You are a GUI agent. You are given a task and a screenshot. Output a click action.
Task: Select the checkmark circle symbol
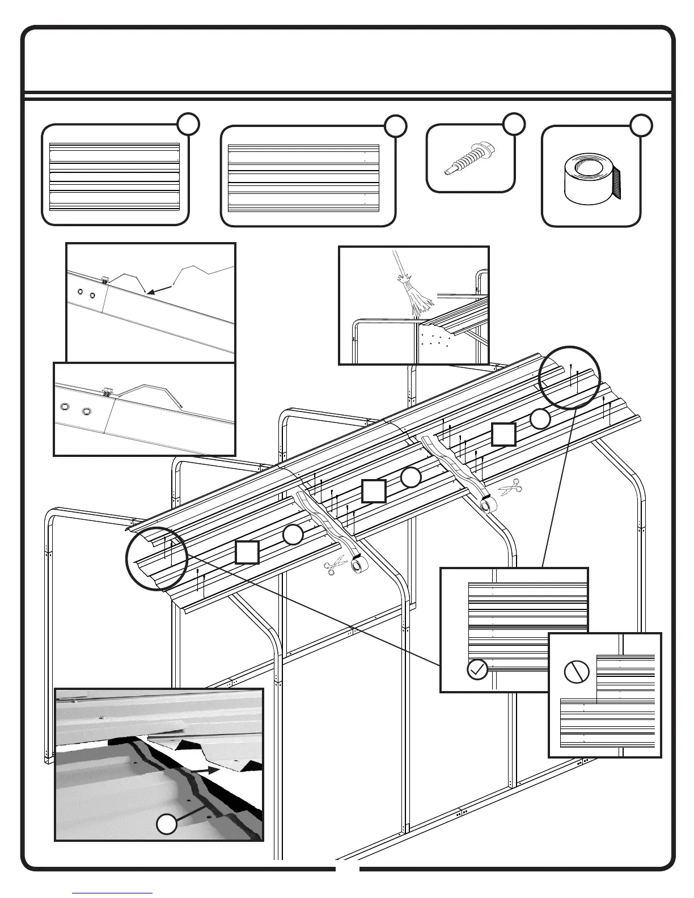pyautogui.click(x=477, y=670)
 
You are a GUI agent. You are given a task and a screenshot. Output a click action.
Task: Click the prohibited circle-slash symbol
pyautogui.click(x=577, y=672)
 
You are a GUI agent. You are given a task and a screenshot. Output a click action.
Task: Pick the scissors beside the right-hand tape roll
pyautogui.click(x=510, y=488)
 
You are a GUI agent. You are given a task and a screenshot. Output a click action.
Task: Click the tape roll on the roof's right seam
pyautogui.click(x=488, y=503)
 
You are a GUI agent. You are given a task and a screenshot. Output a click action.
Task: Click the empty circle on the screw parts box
pyautogui.click(x=514, y=124)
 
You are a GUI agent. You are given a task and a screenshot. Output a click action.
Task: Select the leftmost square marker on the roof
pyautogui.click(x=248, y=552)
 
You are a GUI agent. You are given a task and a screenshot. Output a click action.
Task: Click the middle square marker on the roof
pyautogui.click(x=374, y=491)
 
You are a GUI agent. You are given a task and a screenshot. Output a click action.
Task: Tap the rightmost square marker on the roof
pyautogui.click(x=503, y=434)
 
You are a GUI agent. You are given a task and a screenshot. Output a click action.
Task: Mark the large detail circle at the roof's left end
pyautogui.click(x=156, y=558)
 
